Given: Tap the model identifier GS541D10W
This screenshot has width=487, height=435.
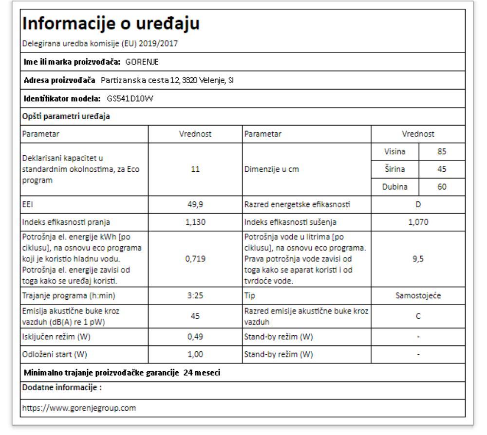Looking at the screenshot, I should (130, 99).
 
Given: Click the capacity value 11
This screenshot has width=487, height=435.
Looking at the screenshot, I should (195, 169).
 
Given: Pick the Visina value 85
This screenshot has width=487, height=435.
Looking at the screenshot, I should (442, 151).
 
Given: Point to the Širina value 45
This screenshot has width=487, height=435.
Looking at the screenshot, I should (442, 169).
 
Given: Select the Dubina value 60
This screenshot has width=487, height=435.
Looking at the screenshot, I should (442, 187).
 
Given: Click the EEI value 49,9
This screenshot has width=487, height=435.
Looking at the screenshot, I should (195, 205).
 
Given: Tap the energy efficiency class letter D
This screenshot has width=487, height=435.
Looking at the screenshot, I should (418, 205).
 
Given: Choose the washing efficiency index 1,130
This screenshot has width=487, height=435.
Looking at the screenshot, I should (195, 222).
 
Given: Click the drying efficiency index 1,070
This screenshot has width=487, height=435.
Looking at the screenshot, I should (418, 222).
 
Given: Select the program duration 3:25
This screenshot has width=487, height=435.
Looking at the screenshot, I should (195, 295).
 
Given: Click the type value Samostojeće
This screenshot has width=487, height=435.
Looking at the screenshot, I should (418, 295).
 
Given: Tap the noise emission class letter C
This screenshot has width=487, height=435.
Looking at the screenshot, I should (418, 315).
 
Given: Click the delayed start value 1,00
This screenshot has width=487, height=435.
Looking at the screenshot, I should (195, 354).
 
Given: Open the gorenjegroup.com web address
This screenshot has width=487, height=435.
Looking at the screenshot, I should (78, 408).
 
